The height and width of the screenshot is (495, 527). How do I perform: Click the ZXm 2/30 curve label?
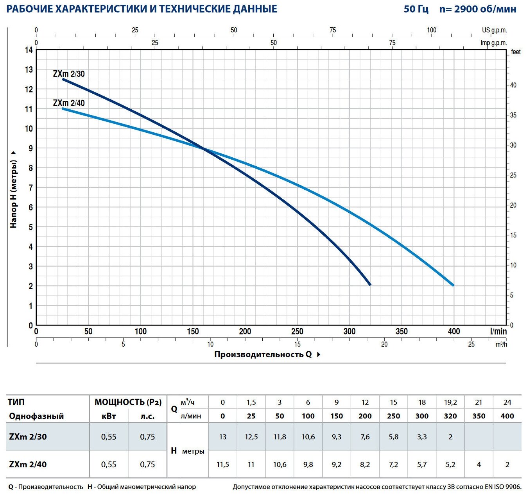coord(69,74)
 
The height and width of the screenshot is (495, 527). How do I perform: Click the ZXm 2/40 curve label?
coord(69,103)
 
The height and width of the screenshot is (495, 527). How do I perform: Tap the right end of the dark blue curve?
coord(370,285)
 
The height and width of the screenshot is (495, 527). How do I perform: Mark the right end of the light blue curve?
coord(453,285)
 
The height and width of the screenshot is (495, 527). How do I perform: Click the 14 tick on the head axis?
coord(29,50)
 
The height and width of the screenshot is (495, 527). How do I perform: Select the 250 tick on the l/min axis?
coord(297,331)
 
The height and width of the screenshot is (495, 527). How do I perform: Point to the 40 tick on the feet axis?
coord(513,85)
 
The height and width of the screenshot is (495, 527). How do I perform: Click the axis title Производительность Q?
coord(263,354)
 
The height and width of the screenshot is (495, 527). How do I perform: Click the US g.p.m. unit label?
coord(494,30)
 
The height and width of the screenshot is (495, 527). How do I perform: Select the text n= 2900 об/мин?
coord(478,9)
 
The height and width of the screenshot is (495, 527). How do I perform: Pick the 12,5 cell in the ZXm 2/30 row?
coord(251,437)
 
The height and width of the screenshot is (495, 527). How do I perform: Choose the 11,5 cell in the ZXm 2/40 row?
coord(222,465)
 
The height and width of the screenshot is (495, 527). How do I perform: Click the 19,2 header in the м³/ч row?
coord(450,402)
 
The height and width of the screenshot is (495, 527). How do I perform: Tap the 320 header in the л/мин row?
coord(450,416)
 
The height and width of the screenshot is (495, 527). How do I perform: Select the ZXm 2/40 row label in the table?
coord(28,465)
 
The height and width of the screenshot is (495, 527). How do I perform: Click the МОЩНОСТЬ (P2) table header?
coord(128,402)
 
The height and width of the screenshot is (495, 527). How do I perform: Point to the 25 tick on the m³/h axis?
coord(471,344)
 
